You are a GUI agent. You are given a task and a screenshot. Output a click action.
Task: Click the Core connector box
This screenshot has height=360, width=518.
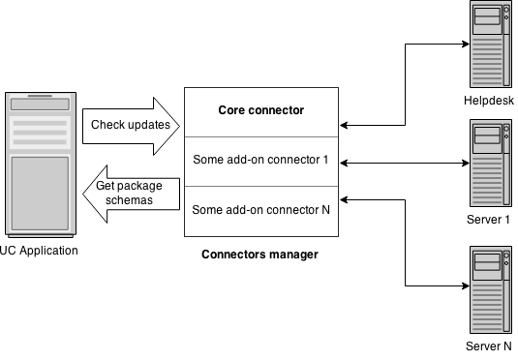click(x=261, y=112)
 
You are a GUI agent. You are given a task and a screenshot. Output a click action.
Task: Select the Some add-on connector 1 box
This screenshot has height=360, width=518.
click(x=261, y=162)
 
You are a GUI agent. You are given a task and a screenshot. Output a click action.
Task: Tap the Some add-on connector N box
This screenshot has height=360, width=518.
click(x=261, y=211)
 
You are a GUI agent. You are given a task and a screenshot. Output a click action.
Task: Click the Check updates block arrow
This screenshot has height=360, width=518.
click(x=131, y=126)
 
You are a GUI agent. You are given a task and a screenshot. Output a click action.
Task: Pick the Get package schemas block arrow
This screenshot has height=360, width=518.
click(x=131, y=194)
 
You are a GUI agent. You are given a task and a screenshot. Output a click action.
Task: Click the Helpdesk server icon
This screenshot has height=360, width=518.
click(x=491, y=45)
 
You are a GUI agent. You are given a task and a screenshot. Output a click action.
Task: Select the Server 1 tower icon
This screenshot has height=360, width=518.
click(x=491, y=164)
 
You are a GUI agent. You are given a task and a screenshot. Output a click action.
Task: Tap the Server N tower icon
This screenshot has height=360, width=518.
click(x=491, y=289)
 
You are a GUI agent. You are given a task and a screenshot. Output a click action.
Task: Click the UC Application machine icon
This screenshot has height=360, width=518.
click(x=41, y=165)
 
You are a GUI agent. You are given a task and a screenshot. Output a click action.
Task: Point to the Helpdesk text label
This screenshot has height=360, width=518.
click(x=489, y=101)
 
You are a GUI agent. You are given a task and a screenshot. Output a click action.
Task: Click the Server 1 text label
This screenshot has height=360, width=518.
click(x=488, y=220)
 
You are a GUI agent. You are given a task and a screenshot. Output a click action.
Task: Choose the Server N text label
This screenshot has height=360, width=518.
click(x=489, y=346)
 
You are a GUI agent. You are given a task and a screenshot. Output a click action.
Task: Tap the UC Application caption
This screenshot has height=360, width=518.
click(x=39, y=251)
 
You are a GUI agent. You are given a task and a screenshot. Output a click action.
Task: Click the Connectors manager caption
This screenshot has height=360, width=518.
click(x=260, y=255)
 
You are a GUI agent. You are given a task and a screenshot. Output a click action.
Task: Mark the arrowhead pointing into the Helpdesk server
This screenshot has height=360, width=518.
click(x=466, y=44)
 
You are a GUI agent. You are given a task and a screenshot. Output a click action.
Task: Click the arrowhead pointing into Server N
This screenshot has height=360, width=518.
click(x=466, y=285)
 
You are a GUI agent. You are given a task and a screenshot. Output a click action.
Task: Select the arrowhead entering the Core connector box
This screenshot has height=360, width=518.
click(x=344, y=125)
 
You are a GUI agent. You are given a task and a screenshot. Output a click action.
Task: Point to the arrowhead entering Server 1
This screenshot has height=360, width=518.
click(x=466, y=163)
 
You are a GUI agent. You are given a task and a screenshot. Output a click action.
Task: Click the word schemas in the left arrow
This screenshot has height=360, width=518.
click(x=129, y=200)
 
